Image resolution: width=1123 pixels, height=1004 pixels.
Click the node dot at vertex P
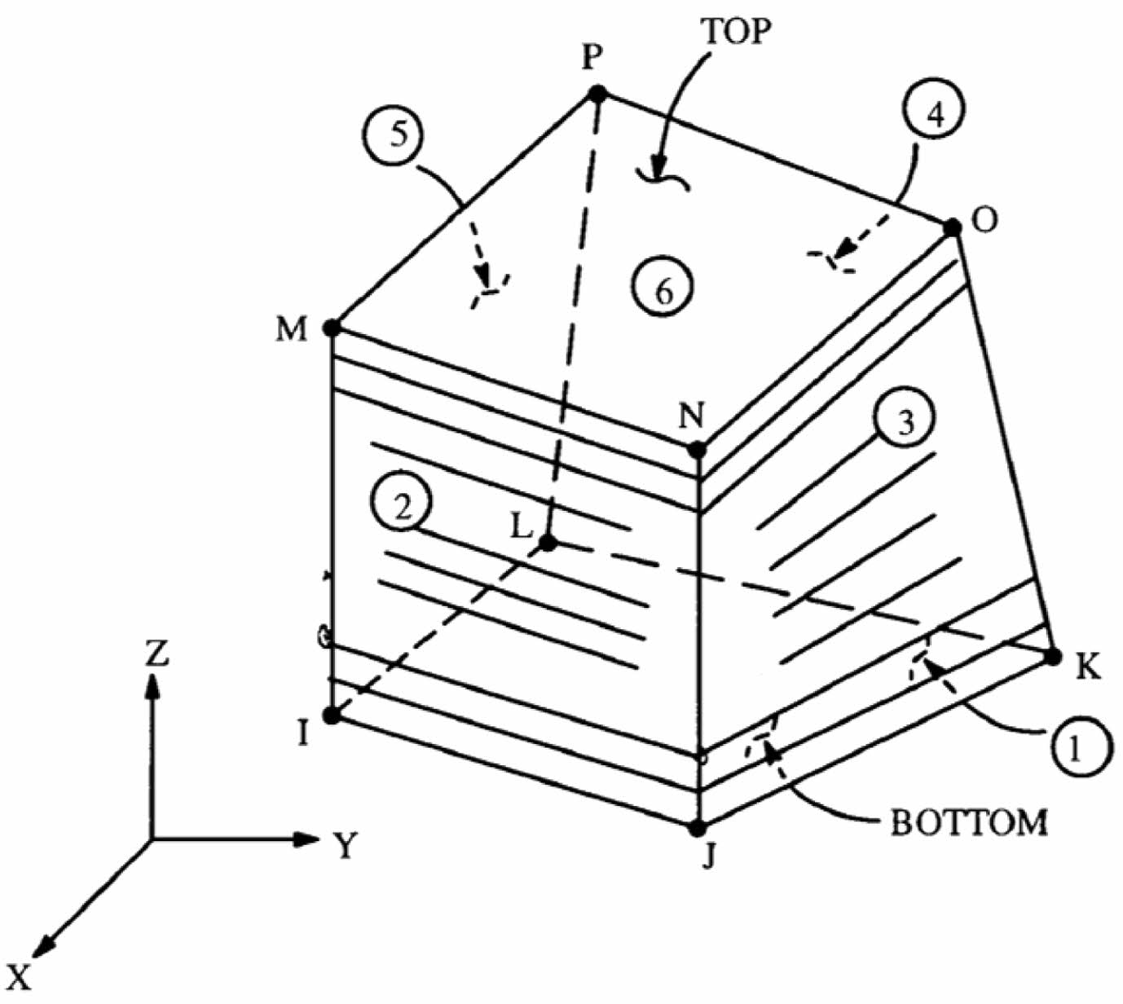(597, 94)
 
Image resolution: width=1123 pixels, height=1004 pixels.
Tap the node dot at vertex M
(332, 328)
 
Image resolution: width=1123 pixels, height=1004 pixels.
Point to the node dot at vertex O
(952, 227)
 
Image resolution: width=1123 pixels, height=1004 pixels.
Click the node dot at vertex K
(1052, 656)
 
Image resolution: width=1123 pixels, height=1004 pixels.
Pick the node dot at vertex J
(697, 829)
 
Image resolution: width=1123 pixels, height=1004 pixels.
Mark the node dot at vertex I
(332, 716)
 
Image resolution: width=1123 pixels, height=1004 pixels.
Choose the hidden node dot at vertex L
(548, 542)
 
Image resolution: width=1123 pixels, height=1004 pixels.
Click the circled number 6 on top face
(664, 288)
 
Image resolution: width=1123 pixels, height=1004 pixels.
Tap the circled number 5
(399, 134)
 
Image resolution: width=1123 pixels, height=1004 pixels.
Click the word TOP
(737, 31)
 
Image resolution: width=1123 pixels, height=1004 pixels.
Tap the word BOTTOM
(969, 822)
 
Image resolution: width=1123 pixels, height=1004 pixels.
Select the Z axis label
(156, 653)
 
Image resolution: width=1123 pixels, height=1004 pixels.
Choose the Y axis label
(346, 847)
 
